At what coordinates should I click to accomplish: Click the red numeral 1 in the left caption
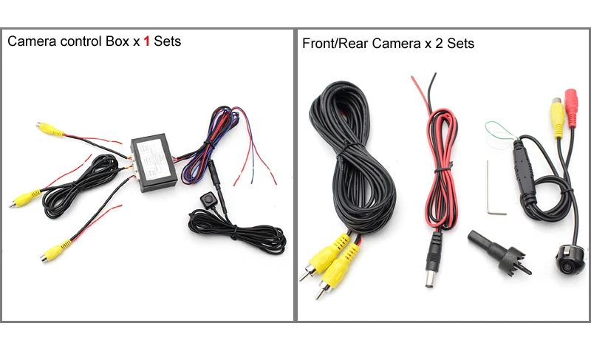pyautogui.click(x=146, y=41)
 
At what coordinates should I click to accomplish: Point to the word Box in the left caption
pyautogui.click(x=117, y=41)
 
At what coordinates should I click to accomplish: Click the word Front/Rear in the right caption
pyautogui.click(x=335, y=44)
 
